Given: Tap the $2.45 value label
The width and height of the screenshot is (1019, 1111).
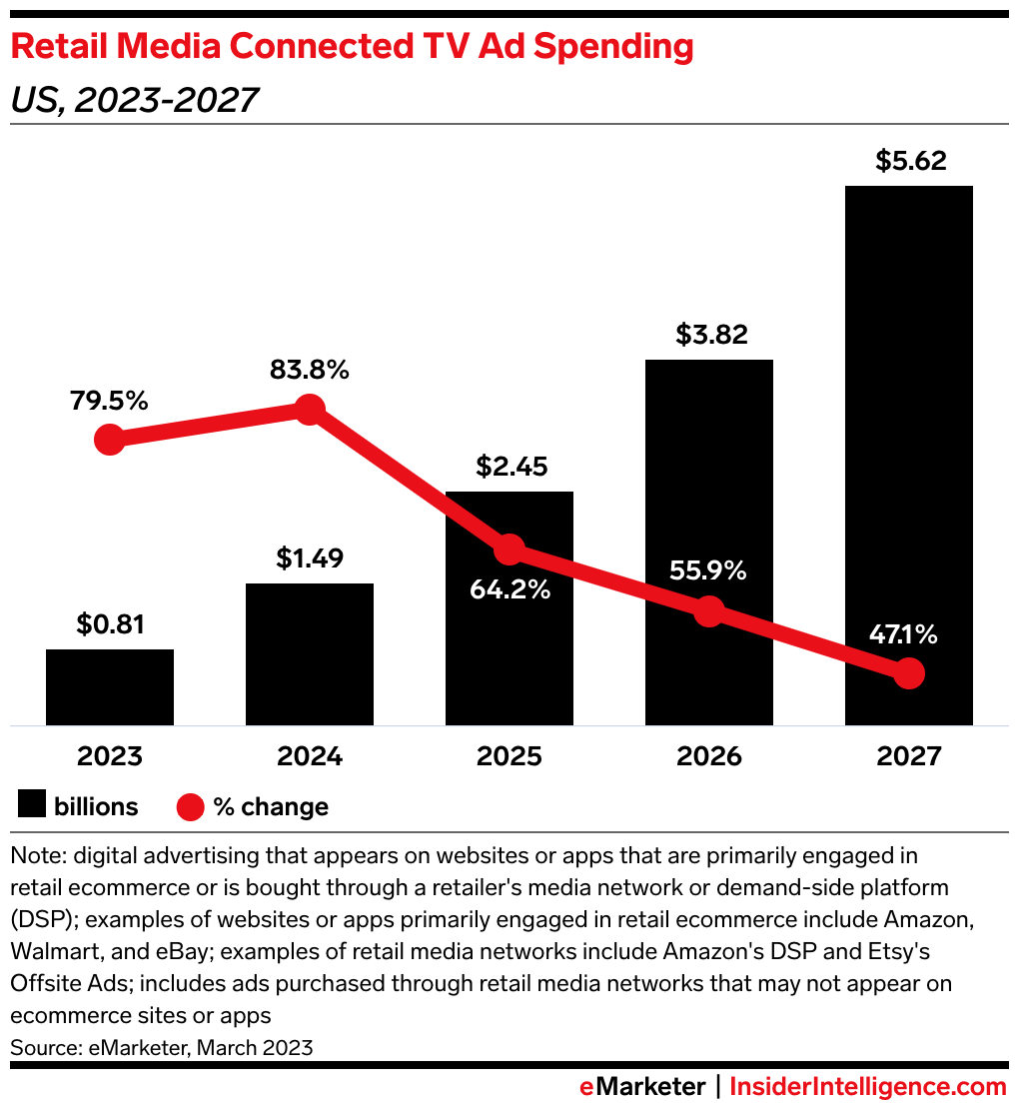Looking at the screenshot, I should [x=509, y=467].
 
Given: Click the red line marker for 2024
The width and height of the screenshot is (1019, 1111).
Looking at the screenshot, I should [x=310, y=409].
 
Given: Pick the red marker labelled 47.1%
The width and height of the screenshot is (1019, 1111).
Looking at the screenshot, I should [x=908, y=673].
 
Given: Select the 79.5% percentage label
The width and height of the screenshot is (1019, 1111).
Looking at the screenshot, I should [x=110, y=401].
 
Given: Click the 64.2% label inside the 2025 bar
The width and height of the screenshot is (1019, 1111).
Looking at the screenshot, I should [x=509, y=589].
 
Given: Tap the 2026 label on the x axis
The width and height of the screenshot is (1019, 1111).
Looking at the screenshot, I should [x=708, y=755].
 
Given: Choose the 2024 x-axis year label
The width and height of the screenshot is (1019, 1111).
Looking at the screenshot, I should [x=310, y=755].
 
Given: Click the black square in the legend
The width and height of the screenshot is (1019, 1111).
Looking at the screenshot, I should [x=32, y=805].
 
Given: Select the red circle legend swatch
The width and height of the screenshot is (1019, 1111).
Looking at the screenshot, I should [x=190, y=806].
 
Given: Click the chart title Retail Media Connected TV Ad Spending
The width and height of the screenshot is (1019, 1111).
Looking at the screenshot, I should [x=352, y=46].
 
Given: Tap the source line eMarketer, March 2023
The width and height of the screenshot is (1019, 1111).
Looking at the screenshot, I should [x=162, y=1047].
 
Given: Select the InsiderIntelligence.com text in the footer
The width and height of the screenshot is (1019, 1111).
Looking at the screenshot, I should [x=868, y=1087].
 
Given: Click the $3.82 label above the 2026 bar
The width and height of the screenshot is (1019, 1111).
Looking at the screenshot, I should [x=708, y=334].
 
